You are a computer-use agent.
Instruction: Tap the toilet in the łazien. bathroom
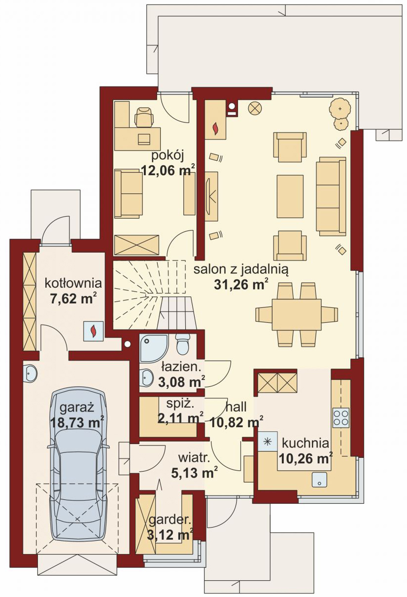point(183,344)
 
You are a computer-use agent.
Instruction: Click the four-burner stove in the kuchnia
point(341,417)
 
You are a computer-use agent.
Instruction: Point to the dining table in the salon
point(297,315)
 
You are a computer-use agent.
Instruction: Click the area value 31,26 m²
point(240,285)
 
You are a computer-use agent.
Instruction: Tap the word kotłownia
point(73,283)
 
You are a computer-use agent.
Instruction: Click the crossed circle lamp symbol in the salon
point(255,109)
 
